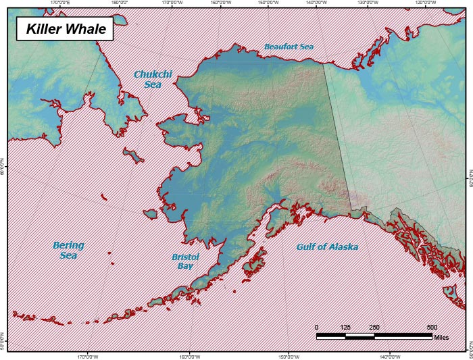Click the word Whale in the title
(x=85, y=30)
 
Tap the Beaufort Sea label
(x=289, y=47)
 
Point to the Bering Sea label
(x=68, y=250)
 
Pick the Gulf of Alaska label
(x=327, y=247)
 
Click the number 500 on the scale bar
(x=432, y=327)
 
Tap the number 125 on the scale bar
(x=345, y=327)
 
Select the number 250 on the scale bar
(x=374, y=327)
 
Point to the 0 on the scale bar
(x=316, y=327)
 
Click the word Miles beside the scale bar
(x=441, y=337)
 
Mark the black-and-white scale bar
(x=374, y=335)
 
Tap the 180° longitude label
(x=120, y=3)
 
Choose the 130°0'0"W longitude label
(x=367, y=3)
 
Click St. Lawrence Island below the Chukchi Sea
(x=133, y=156)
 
